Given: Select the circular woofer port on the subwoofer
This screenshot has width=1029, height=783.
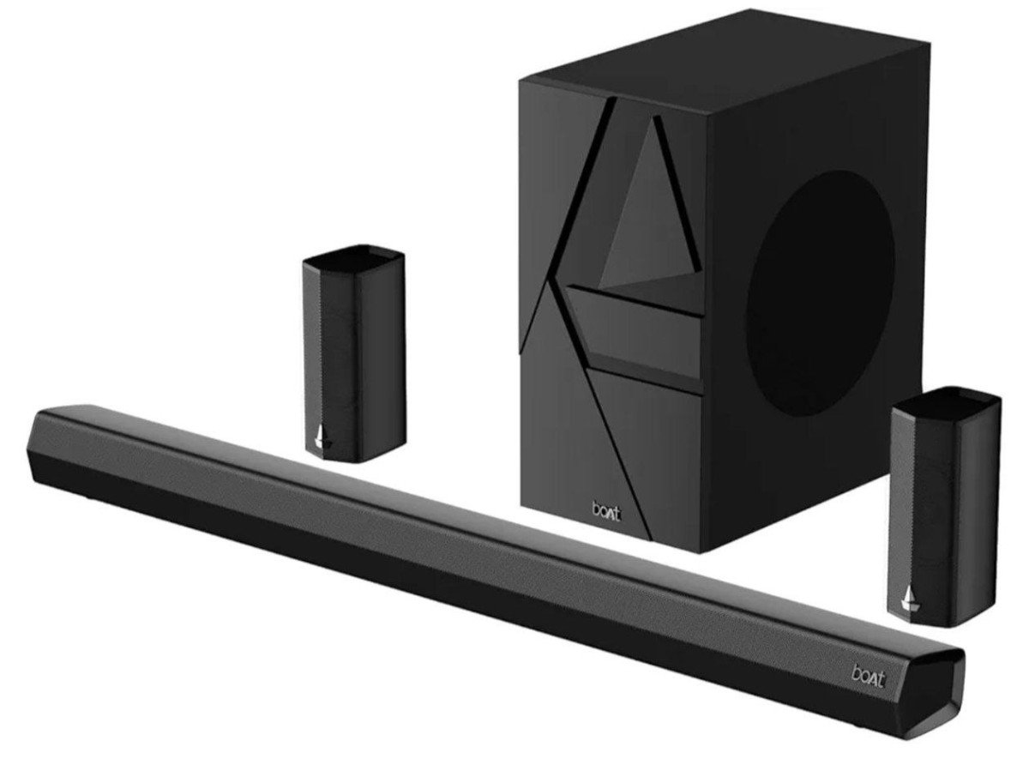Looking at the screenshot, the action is point(821,293).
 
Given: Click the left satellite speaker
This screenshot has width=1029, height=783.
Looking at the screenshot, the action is point(354,353).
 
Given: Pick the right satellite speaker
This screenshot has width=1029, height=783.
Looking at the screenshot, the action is point(946,507).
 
